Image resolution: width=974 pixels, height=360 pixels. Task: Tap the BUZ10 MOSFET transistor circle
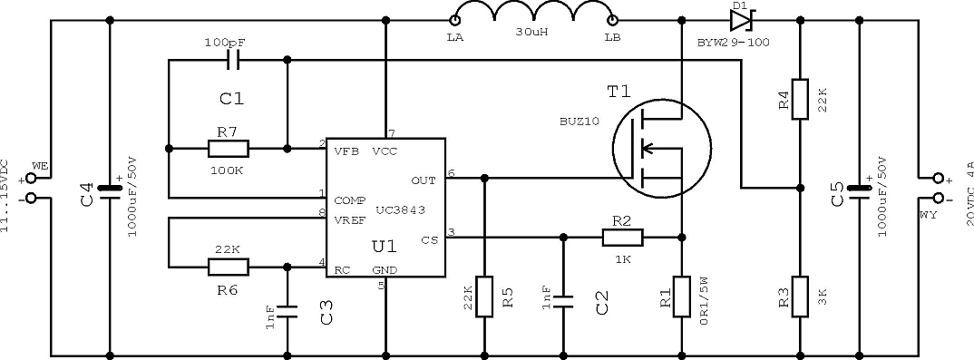pos(662,149)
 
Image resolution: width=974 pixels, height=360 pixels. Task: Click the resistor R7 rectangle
pos(228,149)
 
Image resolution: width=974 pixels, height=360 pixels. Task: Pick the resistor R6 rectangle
pos(228,267)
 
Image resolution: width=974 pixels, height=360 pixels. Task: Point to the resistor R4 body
pos(800,99)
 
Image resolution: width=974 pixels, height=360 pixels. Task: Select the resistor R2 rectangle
pos(622,237)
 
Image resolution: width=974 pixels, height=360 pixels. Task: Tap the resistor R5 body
pos(484,297)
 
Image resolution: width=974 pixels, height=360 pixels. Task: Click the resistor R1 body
pos(682,297)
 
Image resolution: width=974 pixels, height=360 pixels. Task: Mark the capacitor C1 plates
pos(234,60)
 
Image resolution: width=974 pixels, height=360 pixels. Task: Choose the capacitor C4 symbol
pos(111,190)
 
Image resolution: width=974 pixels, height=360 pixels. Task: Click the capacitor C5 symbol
pos(859,190)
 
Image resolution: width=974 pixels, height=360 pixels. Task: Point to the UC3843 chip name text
pos(401,210)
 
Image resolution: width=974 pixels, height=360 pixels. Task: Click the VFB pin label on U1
pos(346,151)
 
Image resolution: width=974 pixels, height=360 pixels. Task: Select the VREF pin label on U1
pos(351,220)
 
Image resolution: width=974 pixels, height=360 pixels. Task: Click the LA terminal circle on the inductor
pos(455,21)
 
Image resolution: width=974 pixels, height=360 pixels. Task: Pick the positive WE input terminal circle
pos(31,178)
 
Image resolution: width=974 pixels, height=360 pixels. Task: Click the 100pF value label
pos(224,44)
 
